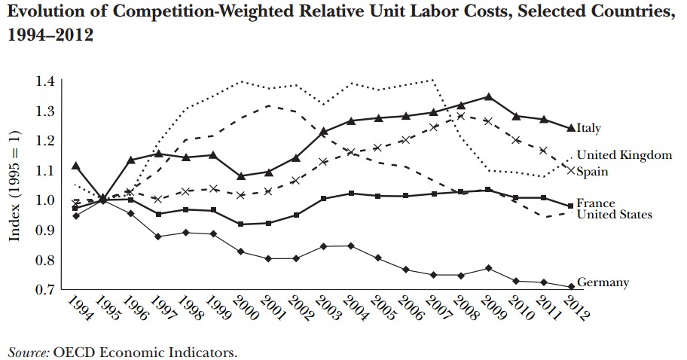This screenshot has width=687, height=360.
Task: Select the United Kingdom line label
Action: click(x=624, y=155)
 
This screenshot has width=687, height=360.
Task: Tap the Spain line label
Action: click(x=594, y=172)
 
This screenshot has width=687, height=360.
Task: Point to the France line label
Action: click(x=596, y=203)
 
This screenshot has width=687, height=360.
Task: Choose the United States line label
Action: click(x=614, y=215)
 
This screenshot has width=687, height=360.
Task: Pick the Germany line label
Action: click(x=603, y=282)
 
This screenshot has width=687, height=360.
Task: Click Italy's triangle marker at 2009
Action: click(x=489, y=96)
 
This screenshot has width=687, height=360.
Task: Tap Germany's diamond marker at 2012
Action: click(x=570, y=286)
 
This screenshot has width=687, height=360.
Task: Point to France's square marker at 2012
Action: click(x=570, y=206)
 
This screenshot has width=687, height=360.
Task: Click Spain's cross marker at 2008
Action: click(x=460, y=116)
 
